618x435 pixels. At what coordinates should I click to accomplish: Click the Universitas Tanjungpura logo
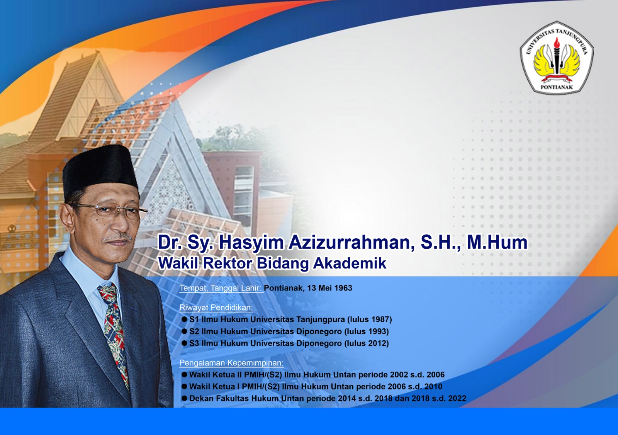(x=557, y=58)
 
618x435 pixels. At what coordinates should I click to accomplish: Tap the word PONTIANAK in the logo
(x=557, y=87)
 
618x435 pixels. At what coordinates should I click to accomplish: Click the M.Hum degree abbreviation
(x=497, y=242)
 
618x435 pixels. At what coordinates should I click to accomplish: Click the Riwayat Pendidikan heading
(x=216, y=308)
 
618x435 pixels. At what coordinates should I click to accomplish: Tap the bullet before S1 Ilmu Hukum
(x=184, y=319)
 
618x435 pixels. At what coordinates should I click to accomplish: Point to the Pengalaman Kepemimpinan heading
(x=231, y=363)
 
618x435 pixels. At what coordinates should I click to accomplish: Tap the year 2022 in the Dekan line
(x=457, y=398)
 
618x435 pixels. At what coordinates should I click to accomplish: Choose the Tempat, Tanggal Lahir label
(x=221, y=288)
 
